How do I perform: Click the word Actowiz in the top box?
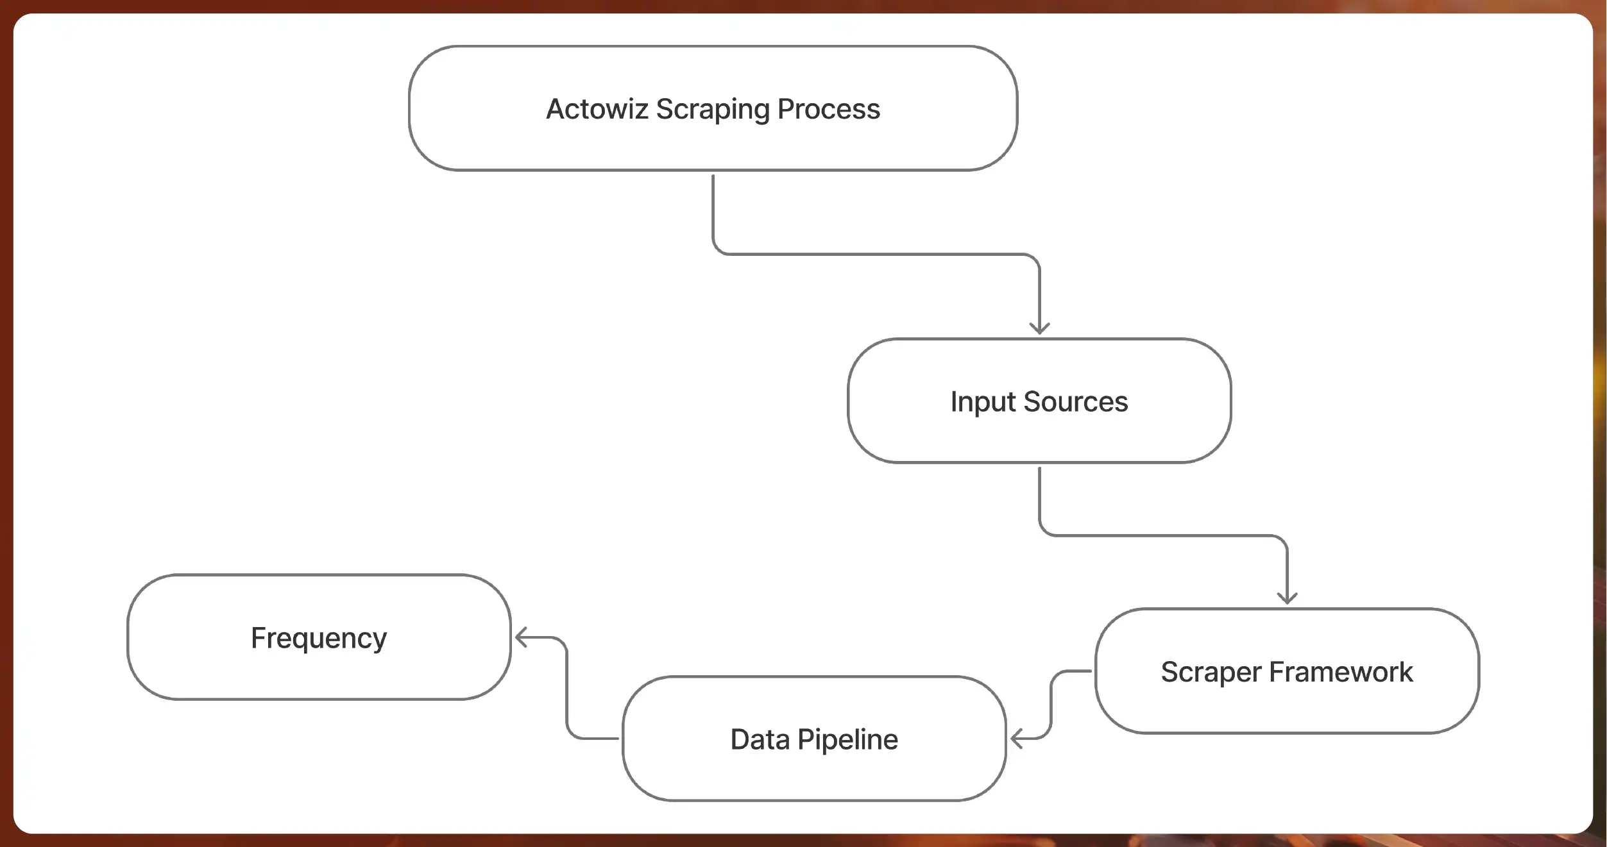click(597, 109)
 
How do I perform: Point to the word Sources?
click(1075, 402)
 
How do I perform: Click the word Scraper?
click(1211, 673)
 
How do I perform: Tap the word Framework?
click(1341, 672)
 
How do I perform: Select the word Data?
click(760, 739)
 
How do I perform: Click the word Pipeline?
click(847, 740)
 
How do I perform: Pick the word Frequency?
click(319, 639)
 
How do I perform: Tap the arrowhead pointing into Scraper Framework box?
click(1287, 599)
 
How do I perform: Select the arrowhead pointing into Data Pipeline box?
click(1016, 739)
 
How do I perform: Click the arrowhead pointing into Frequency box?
click(520, 637)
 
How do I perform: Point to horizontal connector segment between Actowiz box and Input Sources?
click(876, 254)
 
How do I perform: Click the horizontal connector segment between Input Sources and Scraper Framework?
click(1162, 535)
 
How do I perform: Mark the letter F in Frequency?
click(259, 637)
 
